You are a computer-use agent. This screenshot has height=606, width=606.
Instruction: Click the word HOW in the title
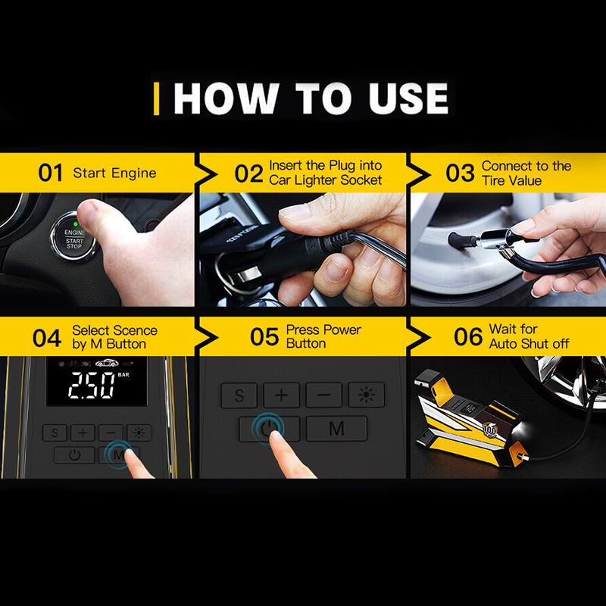[226, 98]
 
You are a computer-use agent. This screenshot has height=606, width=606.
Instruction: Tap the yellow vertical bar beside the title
[156, 98]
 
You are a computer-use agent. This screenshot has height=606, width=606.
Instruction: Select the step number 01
[50, 173]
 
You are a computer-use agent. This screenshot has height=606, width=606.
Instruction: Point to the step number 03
[460, 173]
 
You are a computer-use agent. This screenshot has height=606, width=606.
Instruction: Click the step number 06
[468, 336]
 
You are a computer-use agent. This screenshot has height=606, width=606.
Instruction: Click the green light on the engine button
[76, 223]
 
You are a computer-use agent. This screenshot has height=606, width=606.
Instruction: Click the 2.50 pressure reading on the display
[92, 386]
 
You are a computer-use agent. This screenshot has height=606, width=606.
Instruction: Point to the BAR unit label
[123, 374]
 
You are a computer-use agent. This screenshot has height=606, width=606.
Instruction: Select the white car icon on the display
[108, 363]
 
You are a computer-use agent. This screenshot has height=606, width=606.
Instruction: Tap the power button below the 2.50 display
[74, 455]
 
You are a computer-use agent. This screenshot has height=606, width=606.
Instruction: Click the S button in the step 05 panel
[239, 395]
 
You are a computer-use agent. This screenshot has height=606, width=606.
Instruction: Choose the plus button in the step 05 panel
[282, 395]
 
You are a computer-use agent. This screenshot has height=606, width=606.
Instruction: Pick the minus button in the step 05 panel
[324, 395]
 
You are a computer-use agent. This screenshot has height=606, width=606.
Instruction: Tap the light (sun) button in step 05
[367, 395]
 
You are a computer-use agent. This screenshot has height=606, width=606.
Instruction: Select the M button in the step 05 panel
[336, 428]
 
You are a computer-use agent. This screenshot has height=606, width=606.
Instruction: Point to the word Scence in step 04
[136, 330]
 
